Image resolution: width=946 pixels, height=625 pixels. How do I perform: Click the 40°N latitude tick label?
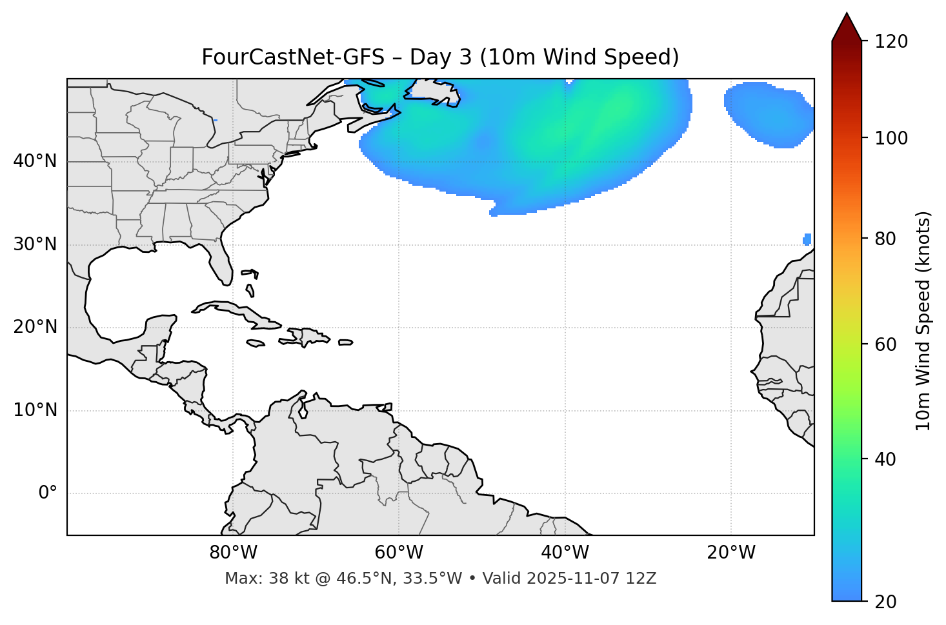(x=35, y=161)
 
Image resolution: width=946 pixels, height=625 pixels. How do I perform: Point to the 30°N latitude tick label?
(x=35, y=244)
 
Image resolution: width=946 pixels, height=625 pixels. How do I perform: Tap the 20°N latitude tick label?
(x=35, y=328)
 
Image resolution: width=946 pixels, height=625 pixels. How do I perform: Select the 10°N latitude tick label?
(x=35, y=410)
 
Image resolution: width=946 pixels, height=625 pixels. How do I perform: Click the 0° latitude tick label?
(x=48, y=493)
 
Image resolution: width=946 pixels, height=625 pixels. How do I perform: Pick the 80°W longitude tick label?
(x=233, y=553)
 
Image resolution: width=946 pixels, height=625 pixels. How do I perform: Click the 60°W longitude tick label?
(x=399, y=553)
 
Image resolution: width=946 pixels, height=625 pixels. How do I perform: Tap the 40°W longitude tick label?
(x=565, y=553)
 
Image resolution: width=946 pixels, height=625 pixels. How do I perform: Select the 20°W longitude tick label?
(x=731, y=553)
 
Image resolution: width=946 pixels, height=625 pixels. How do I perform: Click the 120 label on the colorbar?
(x=891, y=42)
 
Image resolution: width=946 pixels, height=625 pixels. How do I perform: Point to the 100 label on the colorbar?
(x=891, y=138)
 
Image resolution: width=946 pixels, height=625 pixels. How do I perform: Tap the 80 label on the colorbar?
(x=885, y=239)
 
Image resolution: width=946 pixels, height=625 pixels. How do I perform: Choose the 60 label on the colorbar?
(x=885, y=344)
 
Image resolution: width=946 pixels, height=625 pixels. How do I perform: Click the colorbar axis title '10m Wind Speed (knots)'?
(x=923, y=321)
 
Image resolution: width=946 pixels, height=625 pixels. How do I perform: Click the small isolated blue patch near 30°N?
(x=807, y=239)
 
